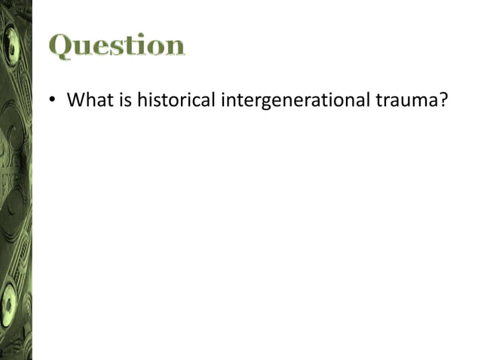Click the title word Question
tap(117, 46)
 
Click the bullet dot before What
tap(54, 100)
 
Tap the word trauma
tap(406, 99)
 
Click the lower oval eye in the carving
tap(10, 301)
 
